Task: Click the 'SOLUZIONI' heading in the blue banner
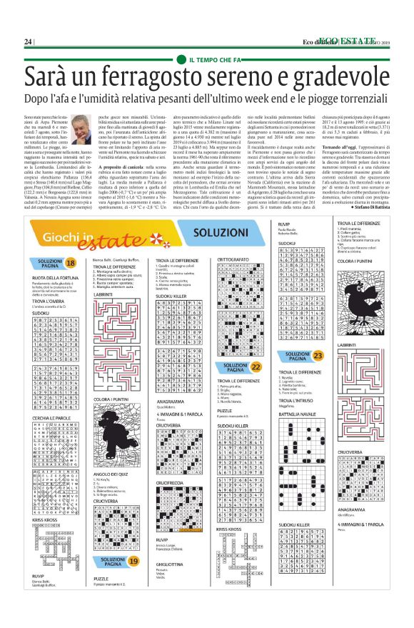(x=211, y=254)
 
